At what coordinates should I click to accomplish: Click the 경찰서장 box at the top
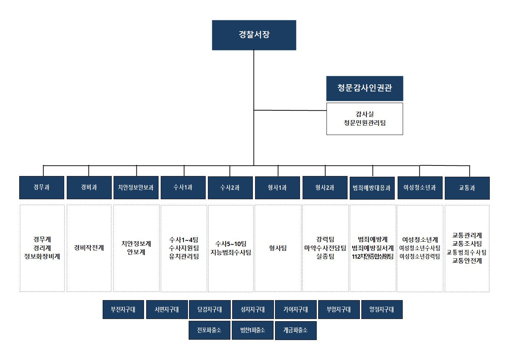[254, 35]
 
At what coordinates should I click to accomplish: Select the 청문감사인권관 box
[365, 89]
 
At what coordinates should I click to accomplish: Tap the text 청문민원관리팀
[365, 123]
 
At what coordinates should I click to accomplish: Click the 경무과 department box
[42, 188]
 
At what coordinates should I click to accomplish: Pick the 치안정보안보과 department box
[136, 188]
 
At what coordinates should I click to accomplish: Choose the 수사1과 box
[183, 188]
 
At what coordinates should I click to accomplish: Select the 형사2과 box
[325, 188]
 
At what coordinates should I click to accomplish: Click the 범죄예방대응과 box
[372, 188]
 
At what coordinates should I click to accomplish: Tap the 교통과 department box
[467, 188]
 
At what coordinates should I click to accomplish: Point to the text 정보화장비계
[42, 256]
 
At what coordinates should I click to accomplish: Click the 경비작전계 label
[89, 248]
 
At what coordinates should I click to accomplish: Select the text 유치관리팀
[184, 256]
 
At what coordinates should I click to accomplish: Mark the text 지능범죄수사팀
[231, 253]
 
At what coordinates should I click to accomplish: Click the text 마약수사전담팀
[325, 248]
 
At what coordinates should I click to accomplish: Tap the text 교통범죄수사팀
[467, 252]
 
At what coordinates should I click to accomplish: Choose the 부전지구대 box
[123, 310]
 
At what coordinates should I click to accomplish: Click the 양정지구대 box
[382, 310]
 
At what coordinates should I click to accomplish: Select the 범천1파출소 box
[253, 330]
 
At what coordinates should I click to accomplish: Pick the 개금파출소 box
[296, 331]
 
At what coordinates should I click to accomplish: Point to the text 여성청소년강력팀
[420, 256]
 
